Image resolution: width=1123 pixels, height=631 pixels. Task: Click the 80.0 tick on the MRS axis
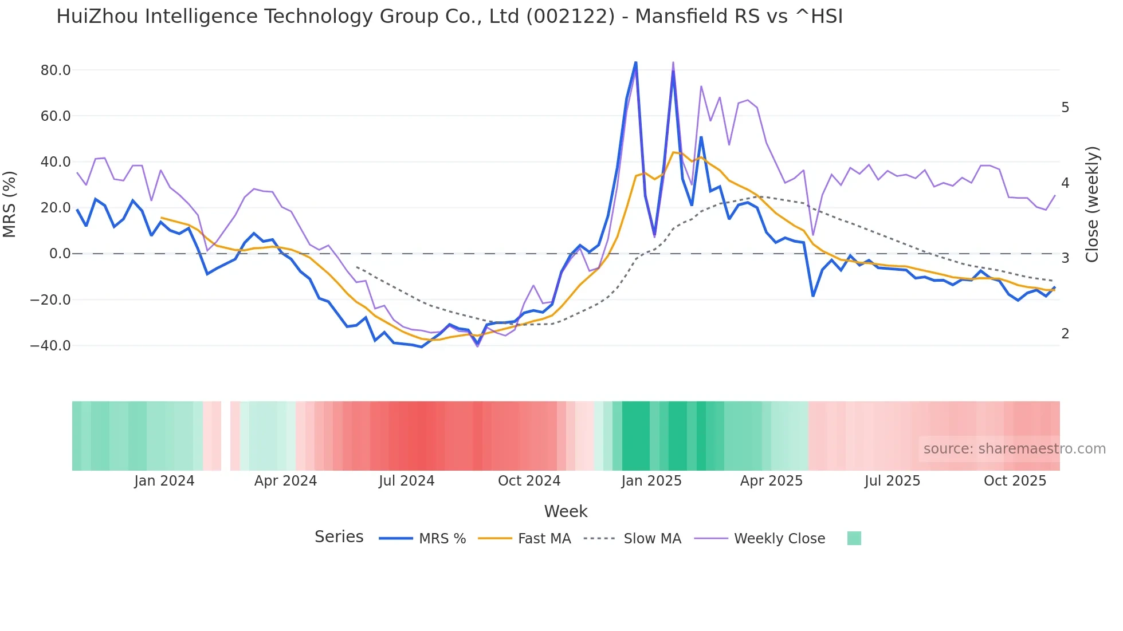pyautogui.click(x=56, y=70)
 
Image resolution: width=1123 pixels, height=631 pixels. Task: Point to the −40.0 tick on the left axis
pyautogui.click(x=50, y=346)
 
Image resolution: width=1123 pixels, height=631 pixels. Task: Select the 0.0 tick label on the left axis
pyautogui.click(x=60, y=254)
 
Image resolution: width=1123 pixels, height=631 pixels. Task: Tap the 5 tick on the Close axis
pyautogui.click(x=1065, y=108)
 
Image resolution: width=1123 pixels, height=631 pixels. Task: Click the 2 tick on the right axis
pyautogui.click(x=1065, y=334)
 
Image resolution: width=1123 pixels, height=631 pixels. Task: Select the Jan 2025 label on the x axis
pyautogui.click(x=651, y=481)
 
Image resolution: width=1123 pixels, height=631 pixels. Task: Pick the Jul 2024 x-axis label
pyautogui.click(x=407, y=481)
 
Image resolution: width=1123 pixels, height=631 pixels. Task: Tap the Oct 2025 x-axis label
pyautogui.click(x=1015, y=481)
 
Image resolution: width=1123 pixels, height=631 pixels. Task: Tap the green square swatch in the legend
pyautogui.click(x=854, y=538)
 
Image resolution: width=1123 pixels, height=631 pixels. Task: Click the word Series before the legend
pyautogui.click(x=339, y=537)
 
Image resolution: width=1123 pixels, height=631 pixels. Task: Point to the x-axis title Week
pyautogui.click(x=566, y=511)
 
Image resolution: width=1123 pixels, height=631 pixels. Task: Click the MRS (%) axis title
pyautogui.click(x=10, y=204)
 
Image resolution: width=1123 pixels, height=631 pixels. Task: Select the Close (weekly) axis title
pyautogui.click(x=1092, y=204)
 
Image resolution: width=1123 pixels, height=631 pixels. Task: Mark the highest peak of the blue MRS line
pyautogui.click(x=635, y=62)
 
